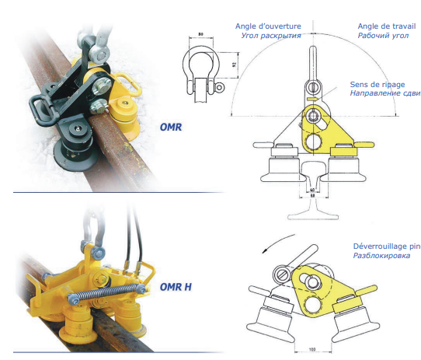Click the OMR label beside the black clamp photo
[171, 127]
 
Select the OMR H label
[176, 287]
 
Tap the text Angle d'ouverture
[268, 26]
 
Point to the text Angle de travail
[387, 26]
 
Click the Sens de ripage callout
[378, 85]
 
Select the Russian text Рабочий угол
[383, 36]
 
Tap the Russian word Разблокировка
[381, 255]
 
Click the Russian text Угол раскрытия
[271, 36]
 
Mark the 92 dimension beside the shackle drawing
[234, 65]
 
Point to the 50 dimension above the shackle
[200, 34]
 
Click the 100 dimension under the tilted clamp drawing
[312, 350]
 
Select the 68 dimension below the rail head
[312, 196]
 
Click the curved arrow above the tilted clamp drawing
[277, 243]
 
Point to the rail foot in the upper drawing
[313, 216]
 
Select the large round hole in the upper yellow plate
[313, 142]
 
